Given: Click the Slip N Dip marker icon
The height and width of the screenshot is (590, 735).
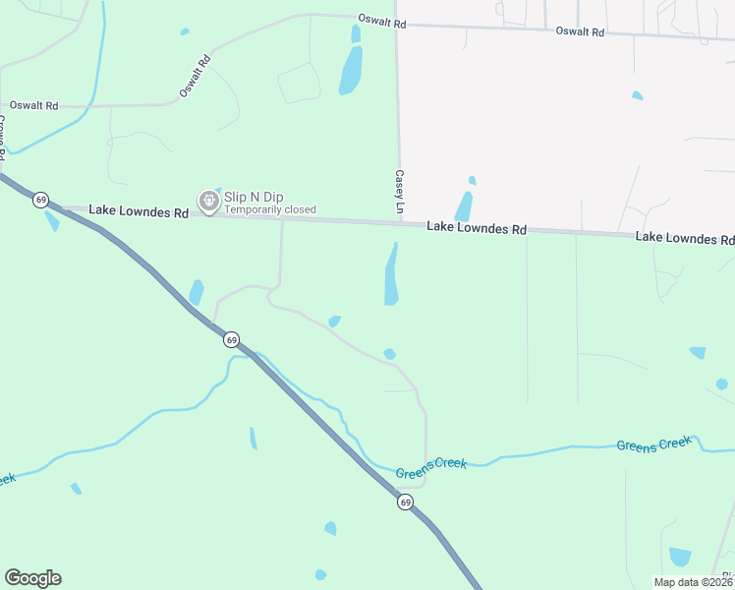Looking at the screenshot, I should point(208,201).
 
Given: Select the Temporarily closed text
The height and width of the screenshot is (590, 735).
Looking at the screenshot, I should point(270,209).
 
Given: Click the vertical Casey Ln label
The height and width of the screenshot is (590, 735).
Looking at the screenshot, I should point(400,192).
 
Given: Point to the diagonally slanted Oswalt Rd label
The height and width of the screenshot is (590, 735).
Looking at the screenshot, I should point(195,76).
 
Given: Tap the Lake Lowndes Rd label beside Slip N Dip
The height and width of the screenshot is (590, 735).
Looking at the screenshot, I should point(138,211).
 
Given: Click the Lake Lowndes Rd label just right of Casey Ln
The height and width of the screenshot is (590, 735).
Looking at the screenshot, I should point(477,228).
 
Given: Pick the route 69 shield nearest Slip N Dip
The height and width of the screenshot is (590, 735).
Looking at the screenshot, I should point(40,200).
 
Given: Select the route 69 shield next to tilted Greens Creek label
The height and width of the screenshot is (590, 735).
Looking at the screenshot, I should point(405,501).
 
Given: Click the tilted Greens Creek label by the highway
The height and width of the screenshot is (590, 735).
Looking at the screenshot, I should point(430,468).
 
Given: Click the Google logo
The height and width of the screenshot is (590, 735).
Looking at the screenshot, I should point(32,578).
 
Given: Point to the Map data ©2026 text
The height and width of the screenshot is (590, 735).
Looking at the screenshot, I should point(693,582).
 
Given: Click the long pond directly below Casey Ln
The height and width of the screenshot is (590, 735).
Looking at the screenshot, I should point(392,274).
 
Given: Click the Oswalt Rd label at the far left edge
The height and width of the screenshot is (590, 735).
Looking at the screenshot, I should point(33,105).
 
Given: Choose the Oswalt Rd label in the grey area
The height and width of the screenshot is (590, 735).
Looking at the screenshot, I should point(580,31).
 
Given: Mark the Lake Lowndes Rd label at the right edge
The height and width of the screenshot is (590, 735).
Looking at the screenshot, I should point(685,238).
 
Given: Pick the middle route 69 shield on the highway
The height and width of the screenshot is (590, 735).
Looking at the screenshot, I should point(230,339).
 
